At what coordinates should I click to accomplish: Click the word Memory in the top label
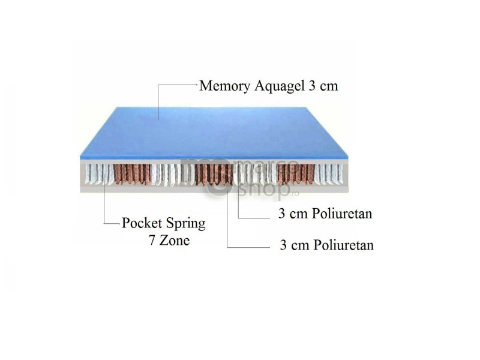point(224,86)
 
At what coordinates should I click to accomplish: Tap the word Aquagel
point(280,86)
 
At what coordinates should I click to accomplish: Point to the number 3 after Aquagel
point(311,86)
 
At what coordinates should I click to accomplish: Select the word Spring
point(186,224)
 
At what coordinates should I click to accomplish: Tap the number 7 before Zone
point(152,241)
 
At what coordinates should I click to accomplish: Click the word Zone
point(175,240)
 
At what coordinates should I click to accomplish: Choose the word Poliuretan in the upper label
point(342,214)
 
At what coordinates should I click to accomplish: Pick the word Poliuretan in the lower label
point(343,245)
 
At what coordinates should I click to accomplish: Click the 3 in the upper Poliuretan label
point(281,214)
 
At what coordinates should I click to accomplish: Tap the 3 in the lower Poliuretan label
point(283,245)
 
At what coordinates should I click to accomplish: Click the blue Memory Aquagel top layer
point(214,133)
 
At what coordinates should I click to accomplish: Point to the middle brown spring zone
point(214,175)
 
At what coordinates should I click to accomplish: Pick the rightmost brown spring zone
point(296,174)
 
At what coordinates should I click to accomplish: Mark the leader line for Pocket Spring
point(104,199)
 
